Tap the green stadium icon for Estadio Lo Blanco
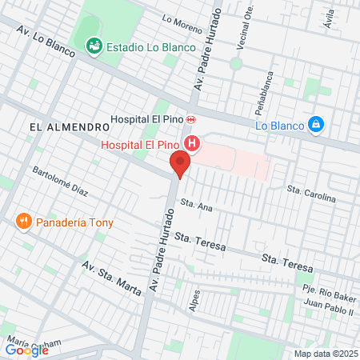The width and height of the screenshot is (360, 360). coord(95,47)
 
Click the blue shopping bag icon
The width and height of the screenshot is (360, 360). coord(317,125)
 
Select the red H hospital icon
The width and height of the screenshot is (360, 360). coord(192,145)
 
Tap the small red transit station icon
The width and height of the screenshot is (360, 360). coord(190,119)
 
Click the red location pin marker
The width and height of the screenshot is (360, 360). coord(180,166)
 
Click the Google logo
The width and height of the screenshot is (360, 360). coord(27,350)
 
